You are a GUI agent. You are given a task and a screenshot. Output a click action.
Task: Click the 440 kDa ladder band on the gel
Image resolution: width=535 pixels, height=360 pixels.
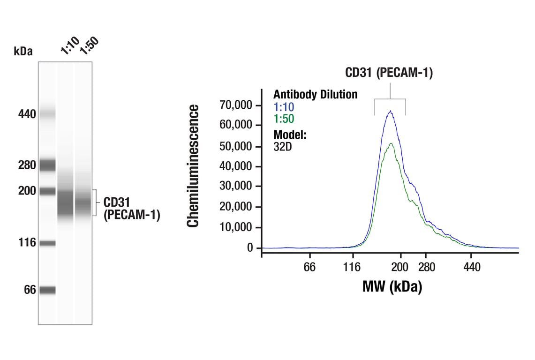click(47, 113)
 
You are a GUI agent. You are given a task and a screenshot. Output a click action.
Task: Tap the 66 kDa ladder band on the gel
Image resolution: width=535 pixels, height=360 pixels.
click(47, 290)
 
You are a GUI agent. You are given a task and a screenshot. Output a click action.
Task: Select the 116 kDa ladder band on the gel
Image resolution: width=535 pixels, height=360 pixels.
click(47, 243)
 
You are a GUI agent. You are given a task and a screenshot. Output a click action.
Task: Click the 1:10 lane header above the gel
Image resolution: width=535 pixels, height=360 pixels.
click(69, 47)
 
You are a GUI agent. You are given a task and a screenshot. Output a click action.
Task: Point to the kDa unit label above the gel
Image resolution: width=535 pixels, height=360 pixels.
click(23, 51)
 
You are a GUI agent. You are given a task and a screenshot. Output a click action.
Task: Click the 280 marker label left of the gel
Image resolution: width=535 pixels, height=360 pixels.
click(27, 165)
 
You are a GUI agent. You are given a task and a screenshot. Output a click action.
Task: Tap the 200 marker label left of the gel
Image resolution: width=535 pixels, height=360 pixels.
click(27, 191)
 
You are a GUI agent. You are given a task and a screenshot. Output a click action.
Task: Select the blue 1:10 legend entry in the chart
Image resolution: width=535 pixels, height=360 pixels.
click(284, 107)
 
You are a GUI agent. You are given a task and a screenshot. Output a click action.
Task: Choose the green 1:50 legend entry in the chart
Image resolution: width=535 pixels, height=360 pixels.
click(284, 119)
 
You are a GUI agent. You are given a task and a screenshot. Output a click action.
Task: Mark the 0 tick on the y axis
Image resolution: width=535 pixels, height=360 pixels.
click(250, 247)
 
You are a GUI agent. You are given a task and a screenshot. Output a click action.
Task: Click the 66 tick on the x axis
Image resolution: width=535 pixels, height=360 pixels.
click(309, 267)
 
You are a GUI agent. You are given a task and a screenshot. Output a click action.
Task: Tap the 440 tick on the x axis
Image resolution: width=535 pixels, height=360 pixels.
click(472, 267)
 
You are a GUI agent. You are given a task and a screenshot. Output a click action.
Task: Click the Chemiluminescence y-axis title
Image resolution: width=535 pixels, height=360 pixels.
click(193, 166)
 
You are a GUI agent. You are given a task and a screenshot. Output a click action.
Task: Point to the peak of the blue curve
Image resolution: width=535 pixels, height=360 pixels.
click(390, 111)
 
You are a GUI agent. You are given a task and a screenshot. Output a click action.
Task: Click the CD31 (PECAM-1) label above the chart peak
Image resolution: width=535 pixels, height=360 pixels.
click(389, 73)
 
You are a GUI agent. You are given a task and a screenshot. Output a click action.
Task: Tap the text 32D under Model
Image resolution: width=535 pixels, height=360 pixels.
click(282, 146)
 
